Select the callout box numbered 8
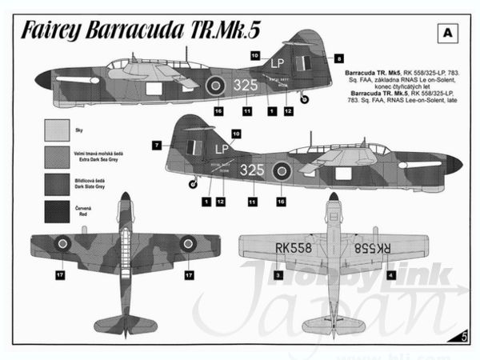coord(339,58)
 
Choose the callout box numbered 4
coord(390,274)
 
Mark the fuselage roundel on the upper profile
coord(215,84)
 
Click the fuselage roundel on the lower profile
coord(282,170)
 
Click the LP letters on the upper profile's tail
coord(278,61)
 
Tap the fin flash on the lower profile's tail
coord(192,147)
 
